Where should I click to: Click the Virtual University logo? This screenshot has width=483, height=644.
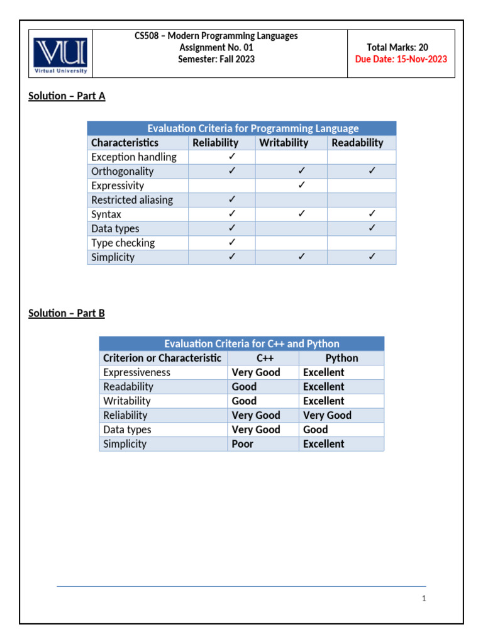(61, 53)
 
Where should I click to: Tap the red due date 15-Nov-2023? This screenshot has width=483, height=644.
(401, 59)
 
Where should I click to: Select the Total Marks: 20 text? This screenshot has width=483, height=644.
(406, 47)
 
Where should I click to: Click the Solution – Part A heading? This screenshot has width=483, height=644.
(67, 96)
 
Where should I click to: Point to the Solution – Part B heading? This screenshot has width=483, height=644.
(67, 313)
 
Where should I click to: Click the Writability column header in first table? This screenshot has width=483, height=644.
(284, 143)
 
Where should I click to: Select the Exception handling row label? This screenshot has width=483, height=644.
(134, 157)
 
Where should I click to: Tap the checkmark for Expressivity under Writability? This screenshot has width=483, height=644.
(302, 186)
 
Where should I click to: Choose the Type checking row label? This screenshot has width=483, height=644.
(123, 243)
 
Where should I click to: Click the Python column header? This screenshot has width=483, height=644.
(341, 358)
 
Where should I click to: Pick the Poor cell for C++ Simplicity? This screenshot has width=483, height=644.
(243, 444)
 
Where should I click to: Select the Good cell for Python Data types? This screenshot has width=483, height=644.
(316, 430)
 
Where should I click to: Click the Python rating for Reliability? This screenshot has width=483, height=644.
(327, 415)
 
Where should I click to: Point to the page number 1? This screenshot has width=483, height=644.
(425, 599)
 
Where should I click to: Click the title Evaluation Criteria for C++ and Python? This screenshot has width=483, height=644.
(252, 344)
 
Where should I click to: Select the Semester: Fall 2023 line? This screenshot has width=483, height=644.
(216, 59)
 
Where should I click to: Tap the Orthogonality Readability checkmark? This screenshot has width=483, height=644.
(372, 171)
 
